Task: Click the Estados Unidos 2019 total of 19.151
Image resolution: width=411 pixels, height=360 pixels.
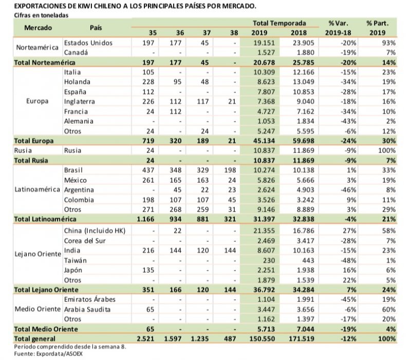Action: (264, 43)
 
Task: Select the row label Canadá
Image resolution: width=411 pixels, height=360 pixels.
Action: (76, 52)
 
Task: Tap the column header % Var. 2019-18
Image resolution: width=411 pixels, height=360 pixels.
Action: (338, 28)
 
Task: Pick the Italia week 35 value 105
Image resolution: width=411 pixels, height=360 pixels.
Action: (148, 72)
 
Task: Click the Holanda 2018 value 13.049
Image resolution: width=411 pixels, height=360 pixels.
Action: (303, 82)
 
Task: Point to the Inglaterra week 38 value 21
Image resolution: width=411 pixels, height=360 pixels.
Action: (232, 101)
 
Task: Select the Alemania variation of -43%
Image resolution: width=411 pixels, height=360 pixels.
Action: (348, 121)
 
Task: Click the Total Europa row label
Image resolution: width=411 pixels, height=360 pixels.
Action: (34, 141)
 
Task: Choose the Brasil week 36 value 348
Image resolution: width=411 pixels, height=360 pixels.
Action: (175, 170)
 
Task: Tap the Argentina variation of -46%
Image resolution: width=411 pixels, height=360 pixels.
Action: (348, 190)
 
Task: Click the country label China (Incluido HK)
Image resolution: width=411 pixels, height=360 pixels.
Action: (95, 231)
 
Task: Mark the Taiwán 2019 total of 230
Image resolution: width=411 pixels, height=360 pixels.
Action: (269, 260)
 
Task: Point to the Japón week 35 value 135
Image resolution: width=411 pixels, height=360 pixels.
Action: (148, 270)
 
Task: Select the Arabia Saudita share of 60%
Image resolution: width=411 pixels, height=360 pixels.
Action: (389, 310)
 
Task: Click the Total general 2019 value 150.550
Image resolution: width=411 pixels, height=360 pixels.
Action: (262, 339)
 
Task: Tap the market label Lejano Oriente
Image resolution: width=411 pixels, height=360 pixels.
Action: (38, 254)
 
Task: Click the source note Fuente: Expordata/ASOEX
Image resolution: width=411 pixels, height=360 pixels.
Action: (48, 354)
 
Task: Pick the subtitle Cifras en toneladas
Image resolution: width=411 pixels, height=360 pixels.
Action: (41, 15)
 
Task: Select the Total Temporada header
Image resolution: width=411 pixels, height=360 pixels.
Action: (279, 23)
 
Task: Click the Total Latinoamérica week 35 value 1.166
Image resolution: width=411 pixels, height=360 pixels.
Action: (145, 219)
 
